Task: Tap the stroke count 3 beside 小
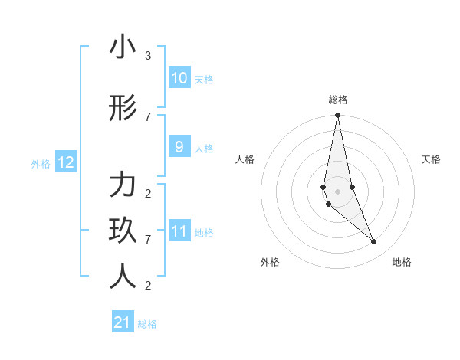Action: (148, 56)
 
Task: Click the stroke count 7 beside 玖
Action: (148, 240)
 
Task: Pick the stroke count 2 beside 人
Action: (148, 286)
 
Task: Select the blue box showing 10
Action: (179, 78)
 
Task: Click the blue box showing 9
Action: (179, 147)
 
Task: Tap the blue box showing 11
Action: (179, 231)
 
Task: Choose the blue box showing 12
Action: (65, 162)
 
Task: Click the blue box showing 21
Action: (123, 322)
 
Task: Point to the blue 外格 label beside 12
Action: (41, 163)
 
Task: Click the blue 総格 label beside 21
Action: (147, 324)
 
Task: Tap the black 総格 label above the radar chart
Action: (337, 100)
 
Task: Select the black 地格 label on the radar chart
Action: (402, 262)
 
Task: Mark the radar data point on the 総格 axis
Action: (337, 116)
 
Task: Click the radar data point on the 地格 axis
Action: (374, 242)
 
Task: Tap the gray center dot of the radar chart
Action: (337, 191)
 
